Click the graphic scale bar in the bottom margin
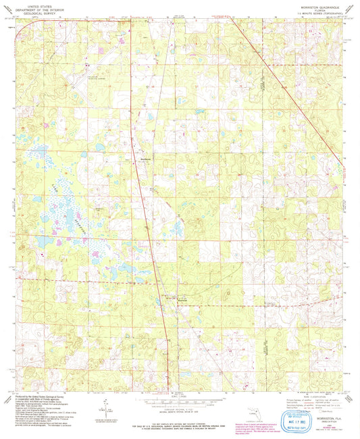tap(179, 401)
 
